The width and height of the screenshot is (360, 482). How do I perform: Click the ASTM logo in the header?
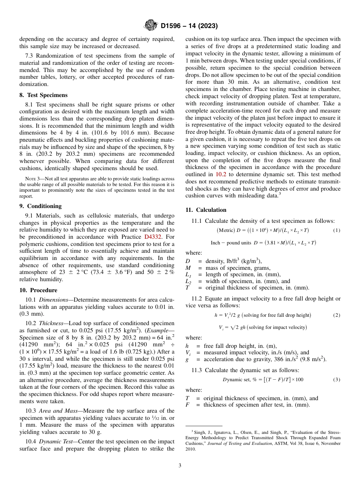tap(151, 26)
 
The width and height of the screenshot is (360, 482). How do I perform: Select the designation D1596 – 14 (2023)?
tap(189, 26)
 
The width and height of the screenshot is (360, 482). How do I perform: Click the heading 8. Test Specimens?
tap(44, 95)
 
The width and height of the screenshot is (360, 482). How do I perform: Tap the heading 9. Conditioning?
tap(41, 206)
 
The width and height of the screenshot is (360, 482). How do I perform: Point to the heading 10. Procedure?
tap(38, 290)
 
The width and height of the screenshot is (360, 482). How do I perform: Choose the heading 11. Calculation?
tap(206, 210)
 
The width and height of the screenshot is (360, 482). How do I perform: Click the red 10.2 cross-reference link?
tap(221, 175)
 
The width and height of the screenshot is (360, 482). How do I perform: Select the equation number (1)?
tap(337, 230)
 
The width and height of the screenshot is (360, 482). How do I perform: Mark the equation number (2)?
tap(337, 315)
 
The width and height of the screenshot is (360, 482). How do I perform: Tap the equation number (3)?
tap(337, 380)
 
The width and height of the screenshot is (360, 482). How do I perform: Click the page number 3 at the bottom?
tap(180, 466)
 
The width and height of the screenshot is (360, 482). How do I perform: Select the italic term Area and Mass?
tap(61, 411)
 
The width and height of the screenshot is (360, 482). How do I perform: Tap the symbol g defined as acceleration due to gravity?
tap(187, 359)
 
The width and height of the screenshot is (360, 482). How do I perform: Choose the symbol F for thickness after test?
tap(187, 404)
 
